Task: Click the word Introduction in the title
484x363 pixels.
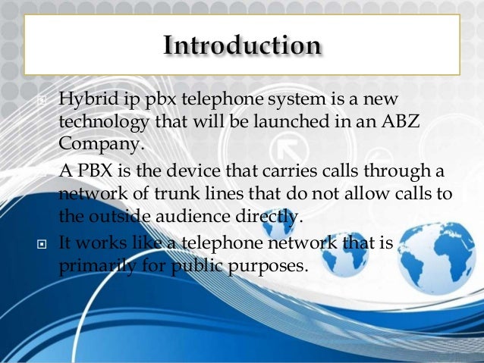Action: click(242, 45)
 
